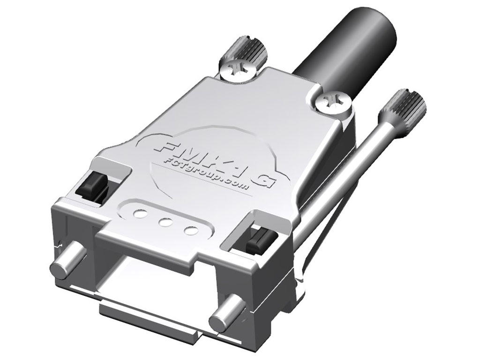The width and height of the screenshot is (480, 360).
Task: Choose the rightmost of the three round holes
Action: click(191, 230)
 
